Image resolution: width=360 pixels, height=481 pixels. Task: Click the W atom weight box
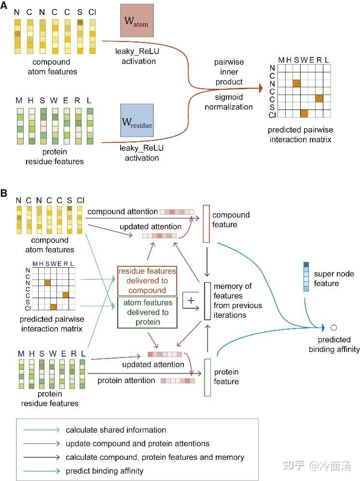pos(137,21)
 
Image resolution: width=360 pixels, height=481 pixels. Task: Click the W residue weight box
pos(137,120)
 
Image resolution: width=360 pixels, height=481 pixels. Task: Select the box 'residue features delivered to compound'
pos(147,280)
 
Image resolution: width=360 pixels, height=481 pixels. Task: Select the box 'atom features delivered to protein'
pos(147,312)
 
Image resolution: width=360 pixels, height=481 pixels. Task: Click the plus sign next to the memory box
pos(191,300)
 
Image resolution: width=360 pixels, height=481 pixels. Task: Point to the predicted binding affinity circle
pos(333,328)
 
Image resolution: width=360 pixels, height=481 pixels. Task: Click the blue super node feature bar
pos(306,276)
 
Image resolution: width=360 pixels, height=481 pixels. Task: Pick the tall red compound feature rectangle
pos(207,223)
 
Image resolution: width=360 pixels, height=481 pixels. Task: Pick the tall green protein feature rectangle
pos(208,377)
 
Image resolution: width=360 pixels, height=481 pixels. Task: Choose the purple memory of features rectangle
pos(208,301)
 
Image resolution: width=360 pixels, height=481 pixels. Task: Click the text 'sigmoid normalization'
pos(229,102)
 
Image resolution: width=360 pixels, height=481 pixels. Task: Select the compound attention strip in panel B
pos(177,212)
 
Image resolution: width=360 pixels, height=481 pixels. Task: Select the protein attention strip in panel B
pos(178,381)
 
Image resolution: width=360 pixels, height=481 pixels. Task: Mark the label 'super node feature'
pos(334,278)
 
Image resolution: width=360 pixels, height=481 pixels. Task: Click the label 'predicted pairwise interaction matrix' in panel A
pos(300,135)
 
